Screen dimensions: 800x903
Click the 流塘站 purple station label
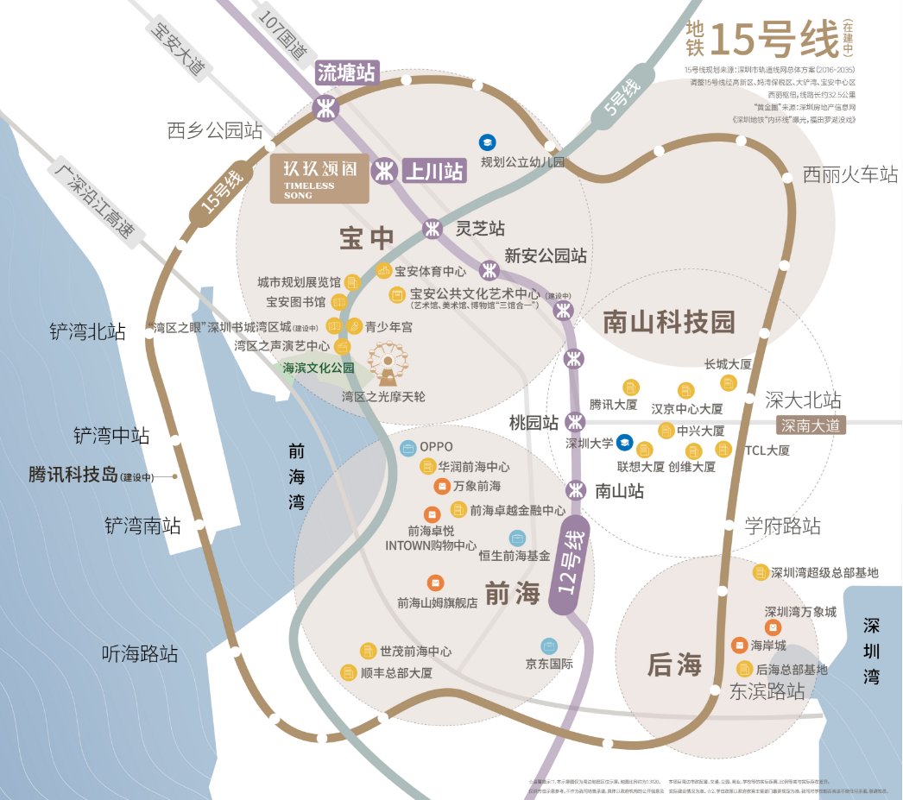(x=347, y=72)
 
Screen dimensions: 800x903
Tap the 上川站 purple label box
(x=434, y=170)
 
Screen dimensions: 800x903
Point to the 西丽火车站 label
(x=850, y=174)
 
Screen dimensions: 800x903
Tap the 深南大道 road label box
(x=811, y=425)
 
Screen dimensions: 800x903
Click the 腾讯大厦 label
(x=613, y=404)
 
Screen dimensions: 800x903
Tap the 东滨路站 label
(x=767, y=691)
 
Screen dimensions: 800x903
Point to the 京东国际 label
(x=550, y=665)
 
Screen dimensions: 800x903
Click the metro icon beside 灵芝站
(x=433, y=230)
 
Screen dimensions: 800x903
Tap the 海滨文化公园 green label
(x=319, y=368)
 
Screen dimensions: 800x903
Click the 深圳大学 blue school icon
(x=624, y=442)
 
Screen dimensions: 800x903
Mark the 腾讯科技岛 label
(x=73, y=476)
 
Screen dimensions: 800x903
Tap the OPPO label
(x=436, y=447)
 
